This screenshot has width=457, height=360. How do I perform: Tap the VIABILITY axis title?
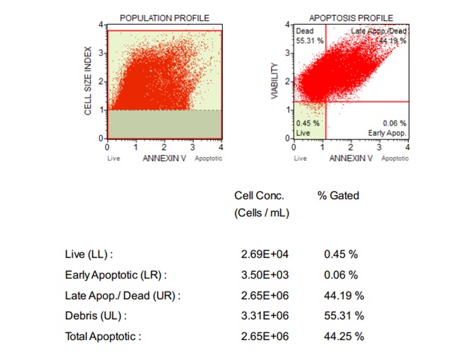275,82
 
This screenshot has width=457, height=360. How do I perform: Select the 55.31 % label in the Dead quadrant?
310,41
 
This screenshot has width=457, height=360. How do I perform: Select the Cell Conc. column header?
259,195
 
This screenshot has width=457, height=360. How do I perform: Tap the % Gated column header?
338,195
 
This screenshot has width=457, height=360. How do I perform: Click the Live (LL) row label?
89,254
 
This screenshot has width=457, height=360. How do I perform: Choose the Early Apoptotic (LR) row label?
116,274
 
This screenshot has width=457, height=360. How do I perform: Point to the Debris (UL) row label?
93,315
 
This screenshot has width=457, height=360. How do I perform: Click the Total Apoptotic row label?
103,336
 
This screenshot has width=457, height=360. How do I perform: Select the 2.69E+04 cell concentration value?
265,254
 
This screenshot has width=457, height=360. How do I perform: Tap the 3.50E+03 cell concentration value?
265,274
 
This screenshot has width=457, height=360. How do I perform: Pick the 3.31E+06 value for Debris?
265,315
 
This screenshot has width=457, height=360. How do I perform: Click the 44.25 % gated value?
344,336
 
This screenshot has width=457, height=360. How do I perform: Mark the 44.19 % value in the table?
344,295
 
